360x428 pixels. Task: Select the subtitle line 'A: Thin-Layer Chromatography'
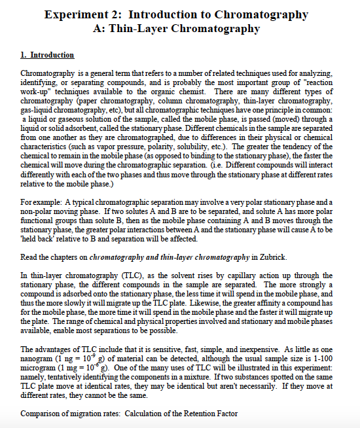click(x=177, y=28)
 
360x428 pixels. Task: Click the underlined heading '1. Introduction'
click(x=48, y=55)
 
